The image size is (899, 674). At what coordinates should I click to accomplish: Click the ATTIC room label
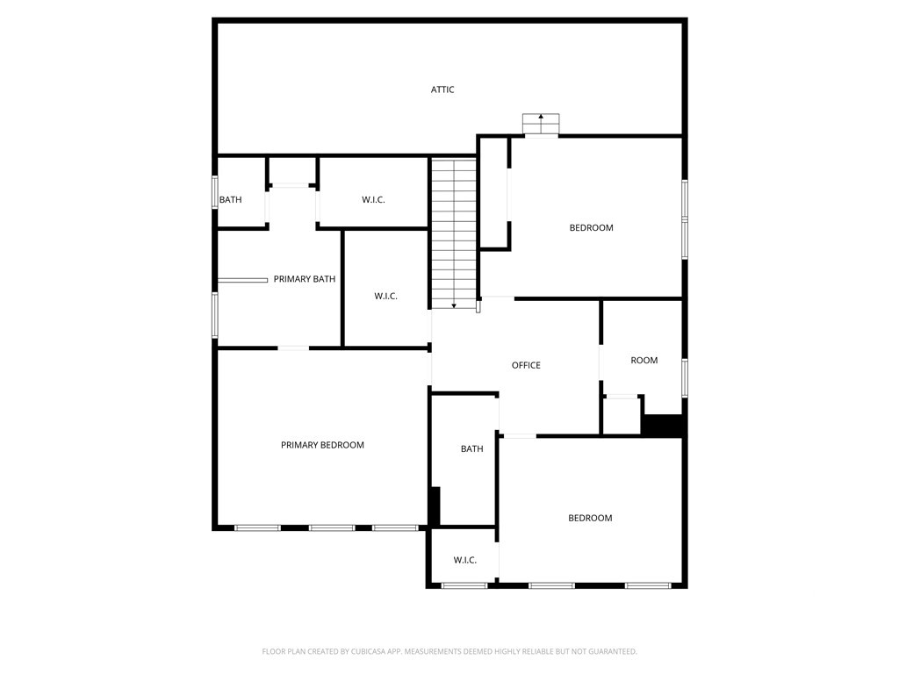click(x=442, y=90)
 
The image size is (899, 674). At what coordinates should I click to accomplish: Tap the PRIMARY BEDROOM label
click(x=322, y=445)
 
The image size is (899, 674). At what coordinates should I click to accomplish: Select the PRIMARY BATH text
click(x=305, y=279)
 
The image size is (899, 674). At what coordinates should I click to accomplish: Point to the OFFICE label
click(x=526, y=365)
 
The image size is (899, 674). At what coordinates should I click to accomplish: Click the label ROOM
click(x=644, y=360)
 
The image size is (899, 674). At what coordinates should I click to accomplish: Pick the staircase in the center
click(x=453, y=232)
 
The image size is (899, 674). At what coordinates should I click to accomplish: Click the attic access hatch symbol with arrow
click(x=541, y=124)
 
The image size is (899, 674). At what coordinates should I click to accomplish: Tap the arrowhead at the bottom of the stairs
click(x=454, y=305)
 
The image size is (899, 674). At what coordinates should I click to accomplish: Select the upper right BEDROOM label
click(x=591, y=228)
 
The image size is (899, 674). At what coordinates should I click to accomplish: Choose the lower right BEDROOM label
click(x=590, y=518)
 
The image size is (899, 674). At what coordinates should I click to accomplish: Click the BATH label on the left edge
click(x=230, y=200)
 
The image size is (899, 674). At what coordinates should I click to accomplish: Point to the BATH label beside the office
click(x=471, y=449)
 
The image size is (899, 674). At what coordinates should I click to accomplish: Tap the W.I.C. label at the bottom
click(x=465, y=560)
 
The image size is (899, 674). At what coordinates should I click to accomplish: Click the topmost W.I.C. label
click(x=373, y=200)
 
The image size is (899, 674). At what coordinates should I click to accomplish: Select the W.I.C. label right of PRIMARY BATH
click(x=385, y=297)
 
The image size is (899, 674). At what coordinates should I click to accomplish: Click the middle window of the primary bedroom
click(x=332, y=527)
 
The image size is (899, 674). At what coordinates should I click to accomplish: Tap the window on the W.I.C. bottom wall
click(x=464, y=585)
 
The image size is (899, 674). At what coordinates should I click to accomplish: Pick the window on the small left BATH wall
click(x=214, y=192)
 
